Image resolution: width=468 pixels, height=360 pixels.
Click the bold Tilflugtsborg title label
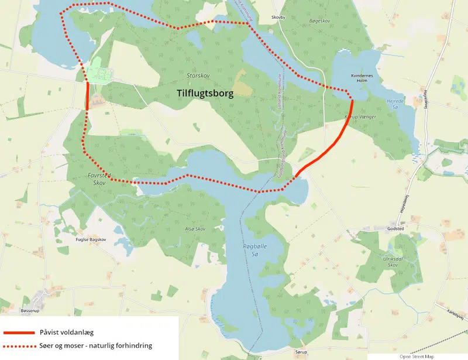pos(205,93)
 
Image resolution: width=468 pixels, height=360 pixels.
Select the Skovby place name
pos(278,18)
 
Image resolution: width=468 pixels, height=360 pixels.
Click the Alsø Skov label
pos(195,229)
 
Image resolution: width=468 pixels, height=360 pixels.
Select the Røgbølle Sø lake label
pos(254,250)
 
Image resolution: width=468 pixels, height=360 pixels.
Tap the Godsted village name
pos(395,229)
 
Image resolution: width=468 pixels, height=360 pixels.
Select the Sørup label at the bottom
pos(301,353)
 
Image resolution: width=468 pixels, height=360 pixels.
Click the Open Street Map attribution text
pos(418,356)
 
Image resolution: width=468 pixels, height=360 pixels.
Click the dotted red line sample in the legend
pos(18,345)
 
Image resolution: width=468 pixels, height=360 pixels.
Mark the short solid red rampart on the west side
pos(87,95)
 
